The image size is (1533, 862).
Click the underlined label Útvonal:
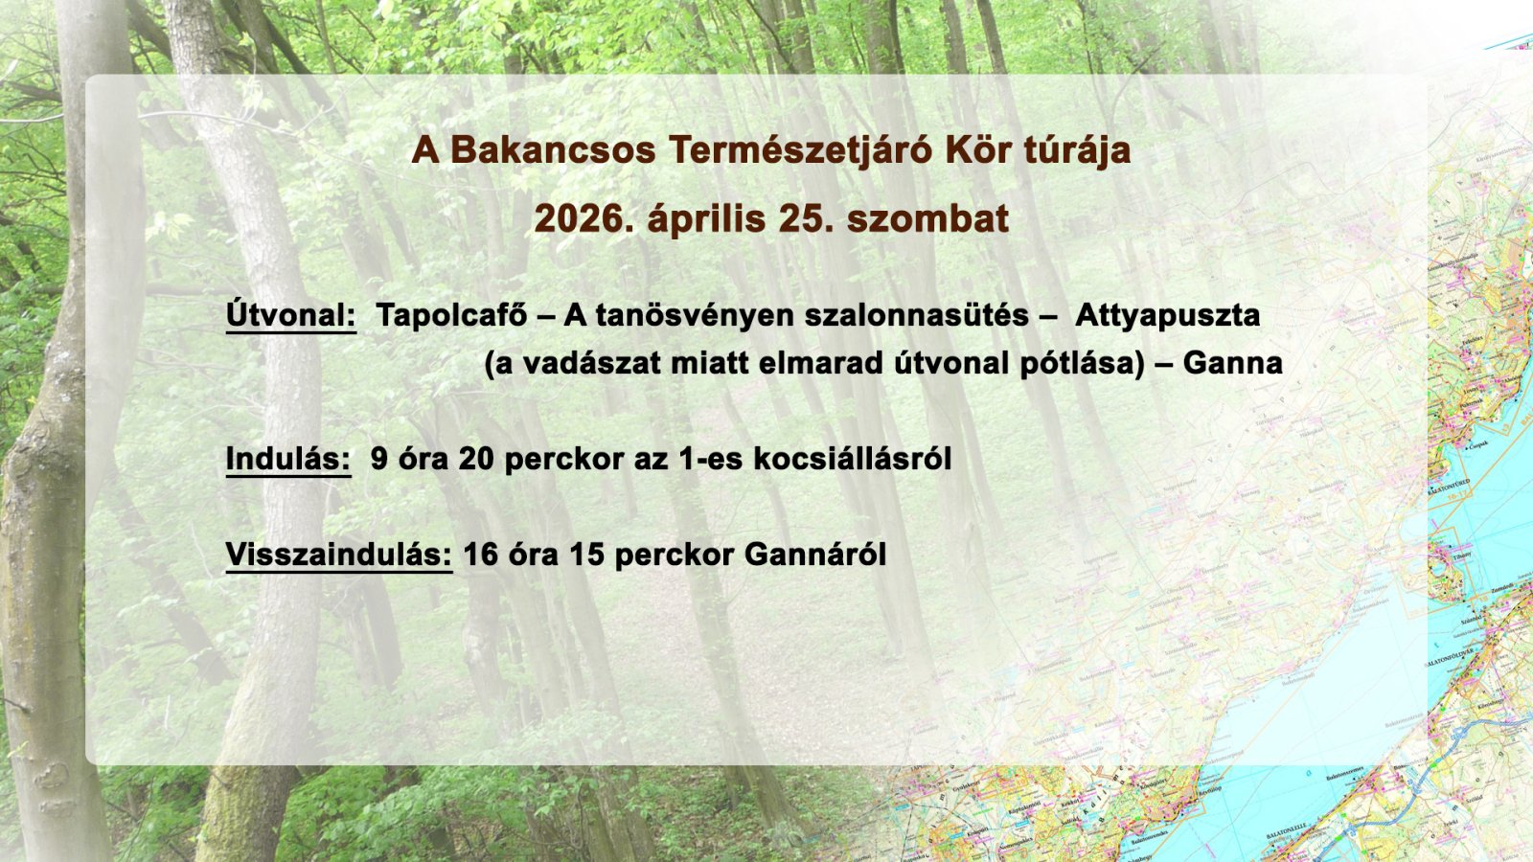[x=290, y=315]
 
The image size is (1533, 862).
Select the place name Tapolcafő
[x=450, y=315]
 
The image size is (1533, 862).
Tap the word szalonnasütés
[x=917, y=315]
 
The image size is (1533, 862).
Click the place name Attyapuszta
[x=1167, y=315]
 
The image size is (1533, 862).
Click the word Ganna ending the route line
[x=1232, y=363]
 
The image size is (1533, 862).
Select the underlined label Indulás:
[x=288, y=460]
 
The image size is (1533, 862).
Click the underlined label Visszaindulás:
[x=338, y=555]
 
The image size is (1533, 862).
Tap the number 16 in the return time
[x=481, y=555]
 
